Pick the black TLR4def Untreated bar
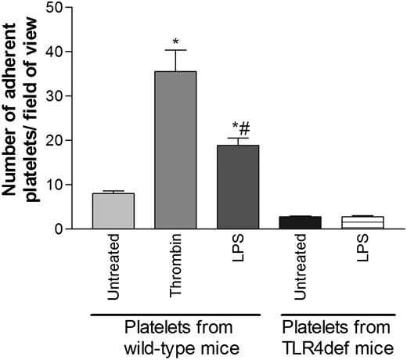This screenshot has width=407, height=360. tap(300, 222)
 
